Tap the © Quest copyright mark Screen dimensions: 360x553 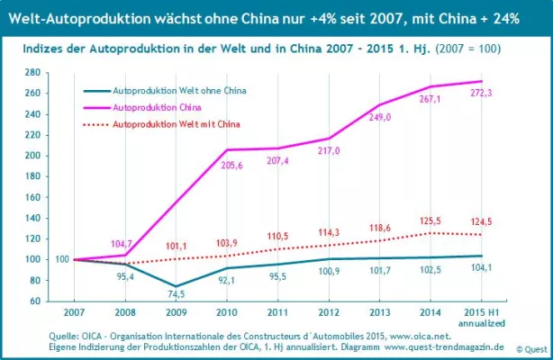(x=530, y=348)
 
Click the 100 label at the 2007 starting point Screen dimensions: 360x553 (x=61, y=259)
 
